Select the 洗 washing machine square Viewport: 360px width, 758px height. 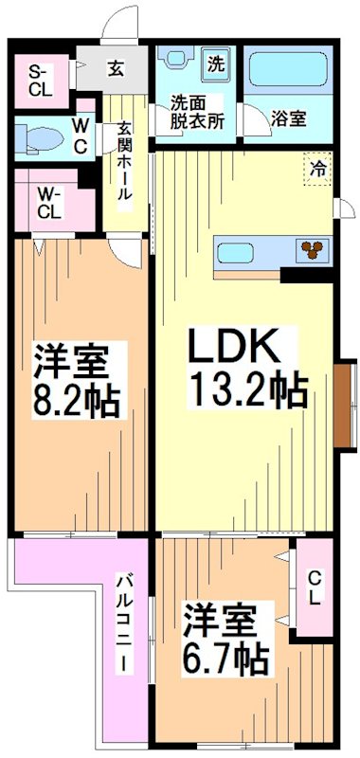pyautogui.click(x=217, y=65)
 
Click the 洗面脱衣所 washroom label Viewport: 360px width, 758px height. pyautogui.click(x=196, y=112)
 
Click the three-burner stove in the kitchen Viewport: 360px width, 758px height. pyautogui.click(x=311, y=250)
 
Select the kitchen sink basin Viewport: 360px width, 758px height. pyautogui.click(x=235, y=252)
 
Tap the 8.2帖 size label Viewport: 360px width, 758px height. pyautogui.click(x=79, y=402)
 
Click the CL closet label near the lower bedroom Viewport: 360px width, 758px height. pyautogui.click(x=314, y=588)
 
